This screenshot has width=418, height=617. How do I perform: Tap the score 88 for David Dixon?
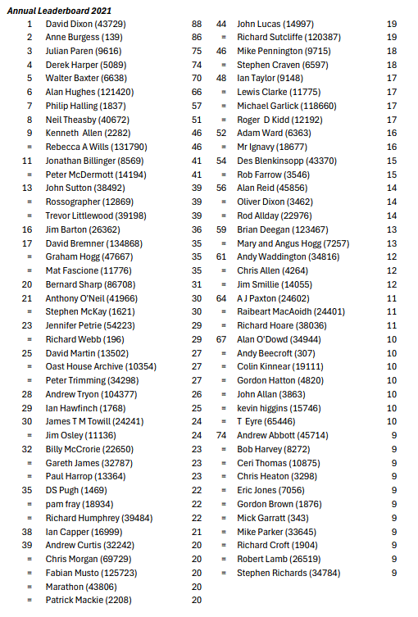pyautogui.click(x=196, y=25)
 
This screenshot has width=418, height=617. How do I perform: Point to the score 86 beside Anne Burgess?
pyautogui.click(x=196, y=38)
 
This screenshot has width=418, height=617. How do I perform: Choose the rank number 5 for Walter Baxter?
pyautogui.click(x=29, y=79)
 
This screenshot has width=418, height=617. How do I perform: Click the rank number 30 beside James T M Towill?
pyautogui.click(x=28, y=421)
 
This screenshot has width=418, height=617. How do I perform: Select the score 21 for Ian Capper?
pyautogui.click(x=196, y=531)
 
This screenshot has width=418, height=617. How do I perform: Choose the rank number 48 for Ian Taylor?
pyautogui.click(x=221, y=79)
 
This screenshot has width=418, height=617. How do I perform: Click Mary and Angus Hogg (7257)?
pyautogui.click(x=293, y=243)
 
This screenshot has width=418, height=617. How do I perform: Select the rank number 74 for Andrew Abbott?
pyautogui.click(x=221, y=435)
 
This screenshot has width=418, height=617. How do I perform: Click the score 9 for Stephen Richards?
pyautogui.click(x=394, y=573)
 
